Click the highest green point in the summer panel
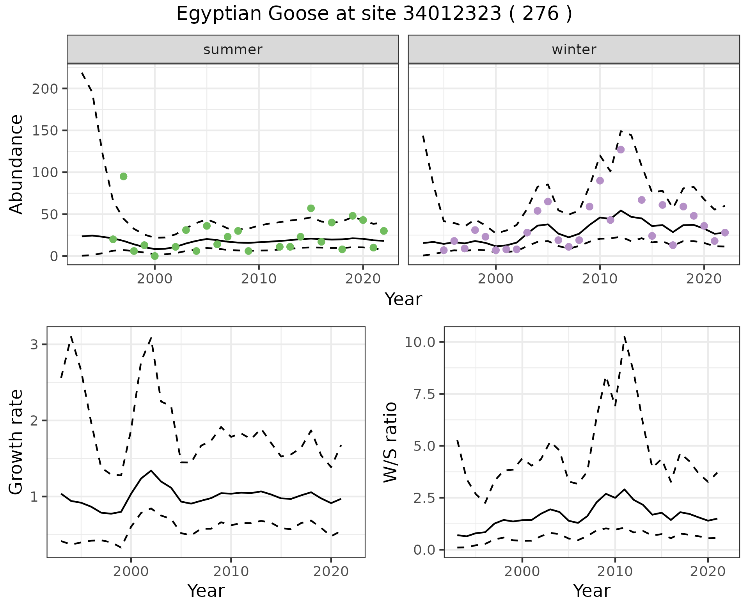(123, 176)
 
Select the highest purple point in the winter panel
(621, 150)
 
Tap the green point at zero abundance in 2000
(154, 256)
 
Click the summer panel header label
(233, 50)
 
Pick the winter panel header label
(574, 50)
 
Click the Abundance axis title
(16, 164)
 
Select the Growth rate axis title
(16, 442)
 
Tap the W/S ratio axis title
(390, 442)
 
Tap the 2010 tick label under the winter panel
(600, 279)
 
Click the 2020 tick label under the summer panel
(363, 279)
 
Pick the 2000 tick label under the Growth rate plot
(131, 572)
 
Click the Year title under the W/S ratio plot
(591, 591)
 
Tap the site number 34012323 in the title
(452, 14)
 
